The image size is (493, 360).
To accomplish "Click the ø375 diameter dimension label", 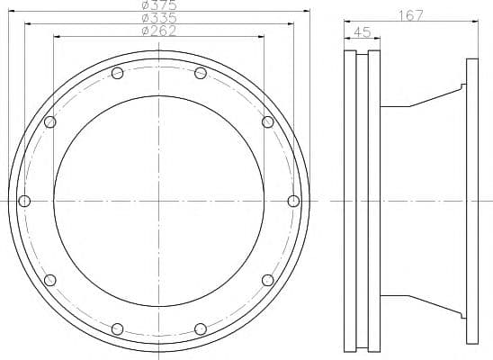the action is (159, 4).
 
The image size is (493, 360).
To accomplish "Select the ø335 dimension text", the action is (159, 18).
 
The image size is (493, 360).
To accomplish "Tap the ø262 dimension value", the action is (158, 31).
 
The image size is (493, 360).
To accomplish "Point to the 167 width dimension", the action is (411, 15).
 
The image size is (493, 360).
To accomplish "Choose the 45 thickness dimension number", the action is (363, 31).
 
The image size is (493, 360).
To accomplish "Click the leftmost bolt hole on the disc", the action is (24, 201).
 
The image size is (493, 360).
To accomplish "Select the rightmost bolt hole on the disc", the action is (293, 201).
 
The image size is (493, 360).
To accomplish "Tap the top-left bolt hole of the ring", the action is (117, 73).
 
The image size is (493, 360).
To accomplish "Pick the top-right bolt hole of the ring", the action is (201, 73).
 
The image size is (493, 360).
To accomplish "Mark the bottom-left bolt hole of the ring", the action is (117, 328).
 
